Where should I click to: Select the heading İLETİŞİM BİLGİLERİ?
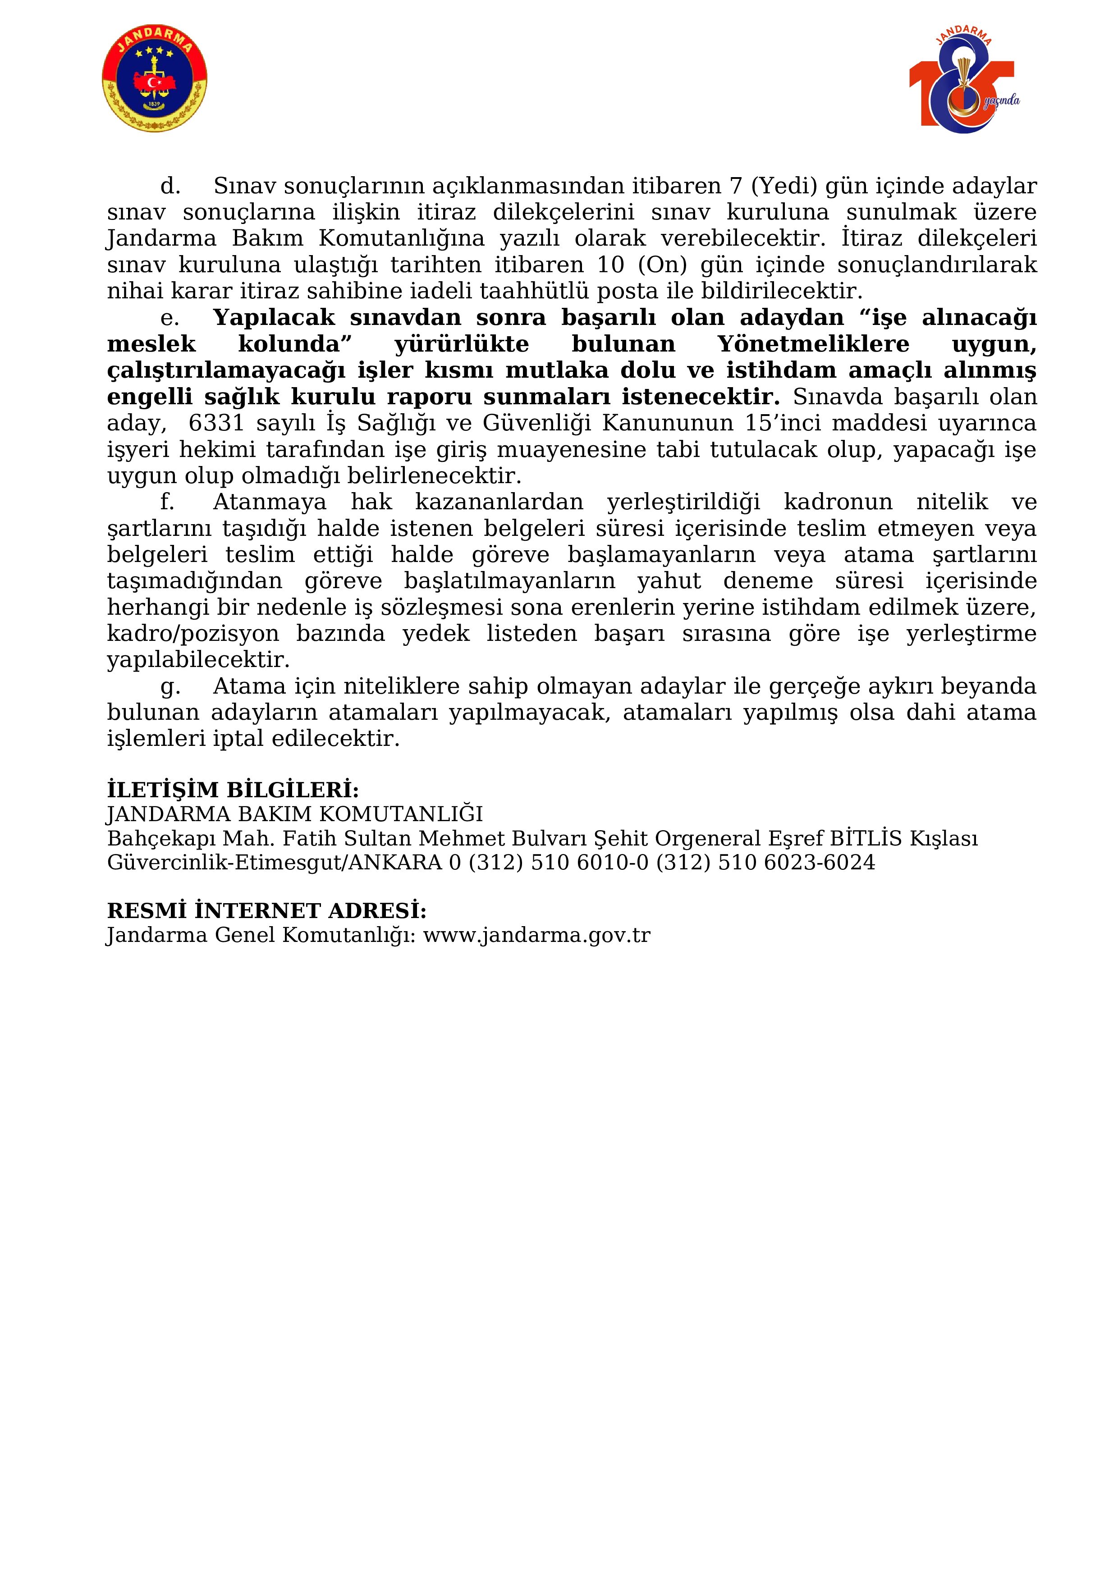click(233, 789)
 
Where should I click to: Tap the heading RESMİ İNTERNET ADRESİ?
click(266, 910)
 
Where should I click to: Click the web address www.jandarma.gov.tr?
click(536, 935)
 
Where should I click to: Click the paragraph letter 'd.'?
click(170, 186)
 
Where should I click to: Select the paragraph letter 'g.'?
click(170, 686)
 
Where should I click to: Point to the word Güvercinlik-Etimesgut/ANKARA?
click(274, 863)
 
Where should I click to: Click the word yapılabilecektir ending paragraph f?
click(198, 660)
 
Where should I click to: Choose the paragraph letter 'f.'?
click(167, 502)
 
